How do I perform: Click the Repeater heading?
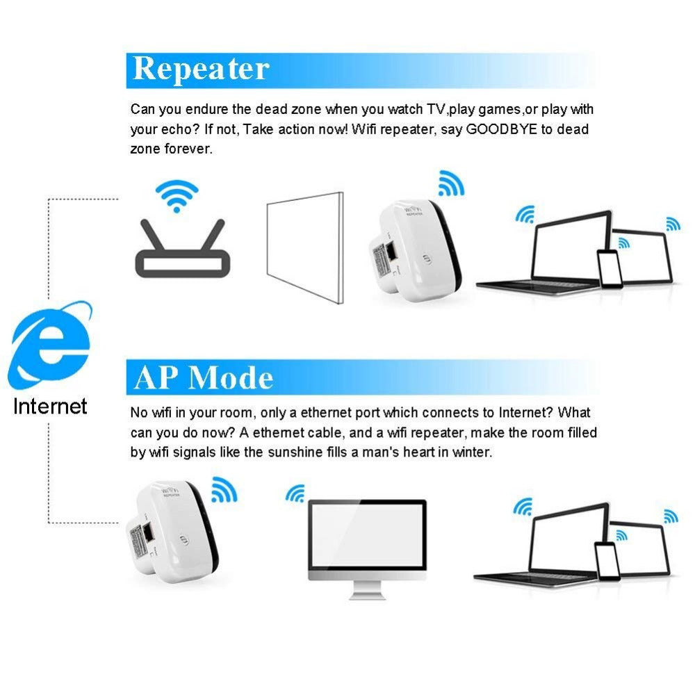[x=201, y=69]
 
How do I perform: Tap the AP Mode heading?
[x=204, y=377]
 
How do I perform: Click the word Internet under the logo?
[x=50, y=406]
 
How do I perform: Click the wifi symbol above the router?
[x=177, y=195]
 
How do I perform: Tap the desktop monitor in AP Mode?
[x=366, y=539]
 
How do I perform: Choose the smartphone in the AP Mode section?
[x=607, y=560]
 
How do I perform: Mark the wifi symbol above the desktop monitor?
[x=295, y=494]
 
